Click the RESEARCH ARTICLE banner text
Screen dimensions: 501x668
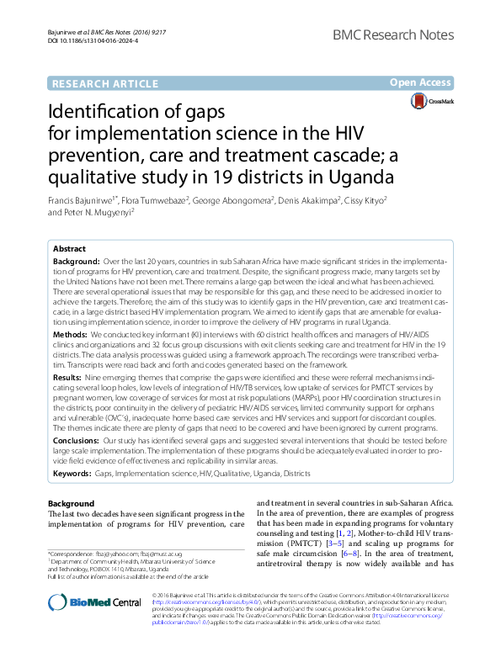click(104, 83)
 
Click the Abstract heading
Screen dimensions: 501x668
click(69, 250)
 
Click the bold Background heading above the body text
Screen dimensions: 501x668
click(72, 503)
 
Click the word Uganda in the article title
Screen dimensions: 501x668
click(358, 178)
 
